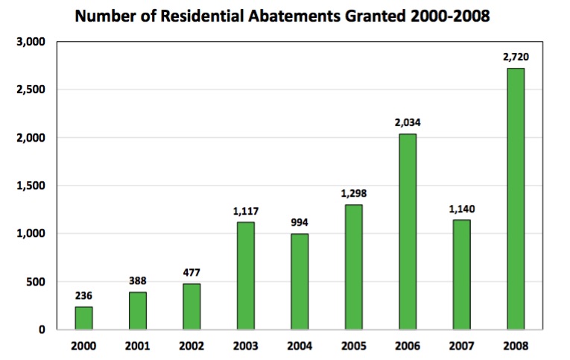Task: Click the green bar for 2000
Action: pyautogui.click(x=83, y=318)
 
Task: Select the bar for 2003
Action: pyautogui.click(x=245, y=275)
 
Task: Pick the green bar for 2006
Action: pyautogui.click(x=408, y=231)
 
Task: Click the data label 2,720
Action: pyautogui.click(x=515, y=57)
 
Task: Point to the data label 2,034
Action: pyautogui.click(x=408, y=122)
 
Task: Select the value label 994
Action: pyautogui.click(x=300, y=222)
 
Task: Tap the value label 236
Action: pyautogui.click(x=83, y=294)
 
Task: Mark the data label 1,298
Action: pyautogui.click(x=353, y=193)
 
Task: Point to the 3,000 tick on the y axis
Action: pyautogui.click(x=30, y=42)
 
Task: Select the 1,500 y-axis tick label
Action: pyautogui.click(x=30, y=186)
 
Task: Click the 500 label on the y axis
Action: pyautogui.click(x=35, y=282)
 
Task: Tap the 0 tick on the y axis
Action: pyautogui.click(x=42, y=329)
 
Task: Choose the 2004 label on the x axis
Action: pyautogui.click(x=300, y=346)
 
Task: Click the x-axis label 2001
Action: pyautogui.click(x=138, y=346)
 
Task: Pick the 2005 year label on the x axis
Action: pyautogui.click(x=353, y=346)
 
